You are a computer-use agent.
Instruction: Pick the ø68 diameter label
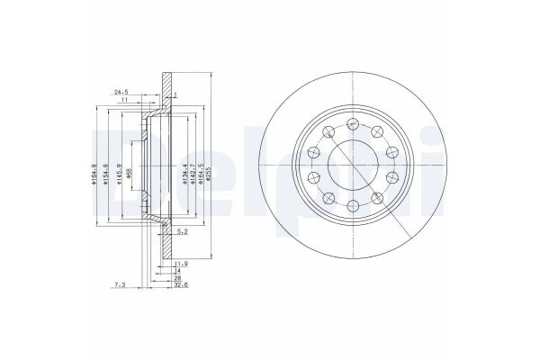coord(133,166)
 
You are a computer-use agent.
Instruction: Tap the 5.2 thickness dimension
coord(183,231)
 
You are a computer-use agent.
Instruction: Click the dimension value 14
coord(178,270)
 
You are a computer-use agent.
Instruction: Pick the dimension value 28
coord(178,279)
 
